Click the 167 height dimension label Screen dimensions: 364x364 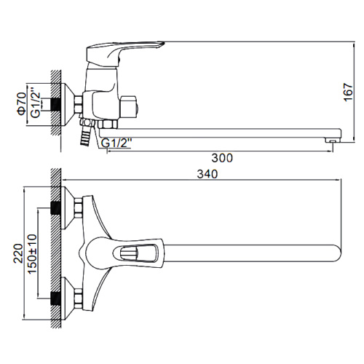349,92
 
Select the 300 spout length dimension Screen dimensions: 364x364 222,158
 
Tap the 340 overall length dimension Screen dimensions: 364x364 207,174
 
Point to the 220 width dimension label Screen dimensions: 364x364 18,253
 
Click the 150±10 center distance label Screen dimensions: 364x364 32,254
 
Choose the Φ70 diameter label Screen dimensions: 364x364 21,103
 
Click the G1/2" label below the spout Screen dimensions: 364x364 116,143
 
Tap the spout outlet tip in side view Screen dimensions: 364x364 332,141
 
